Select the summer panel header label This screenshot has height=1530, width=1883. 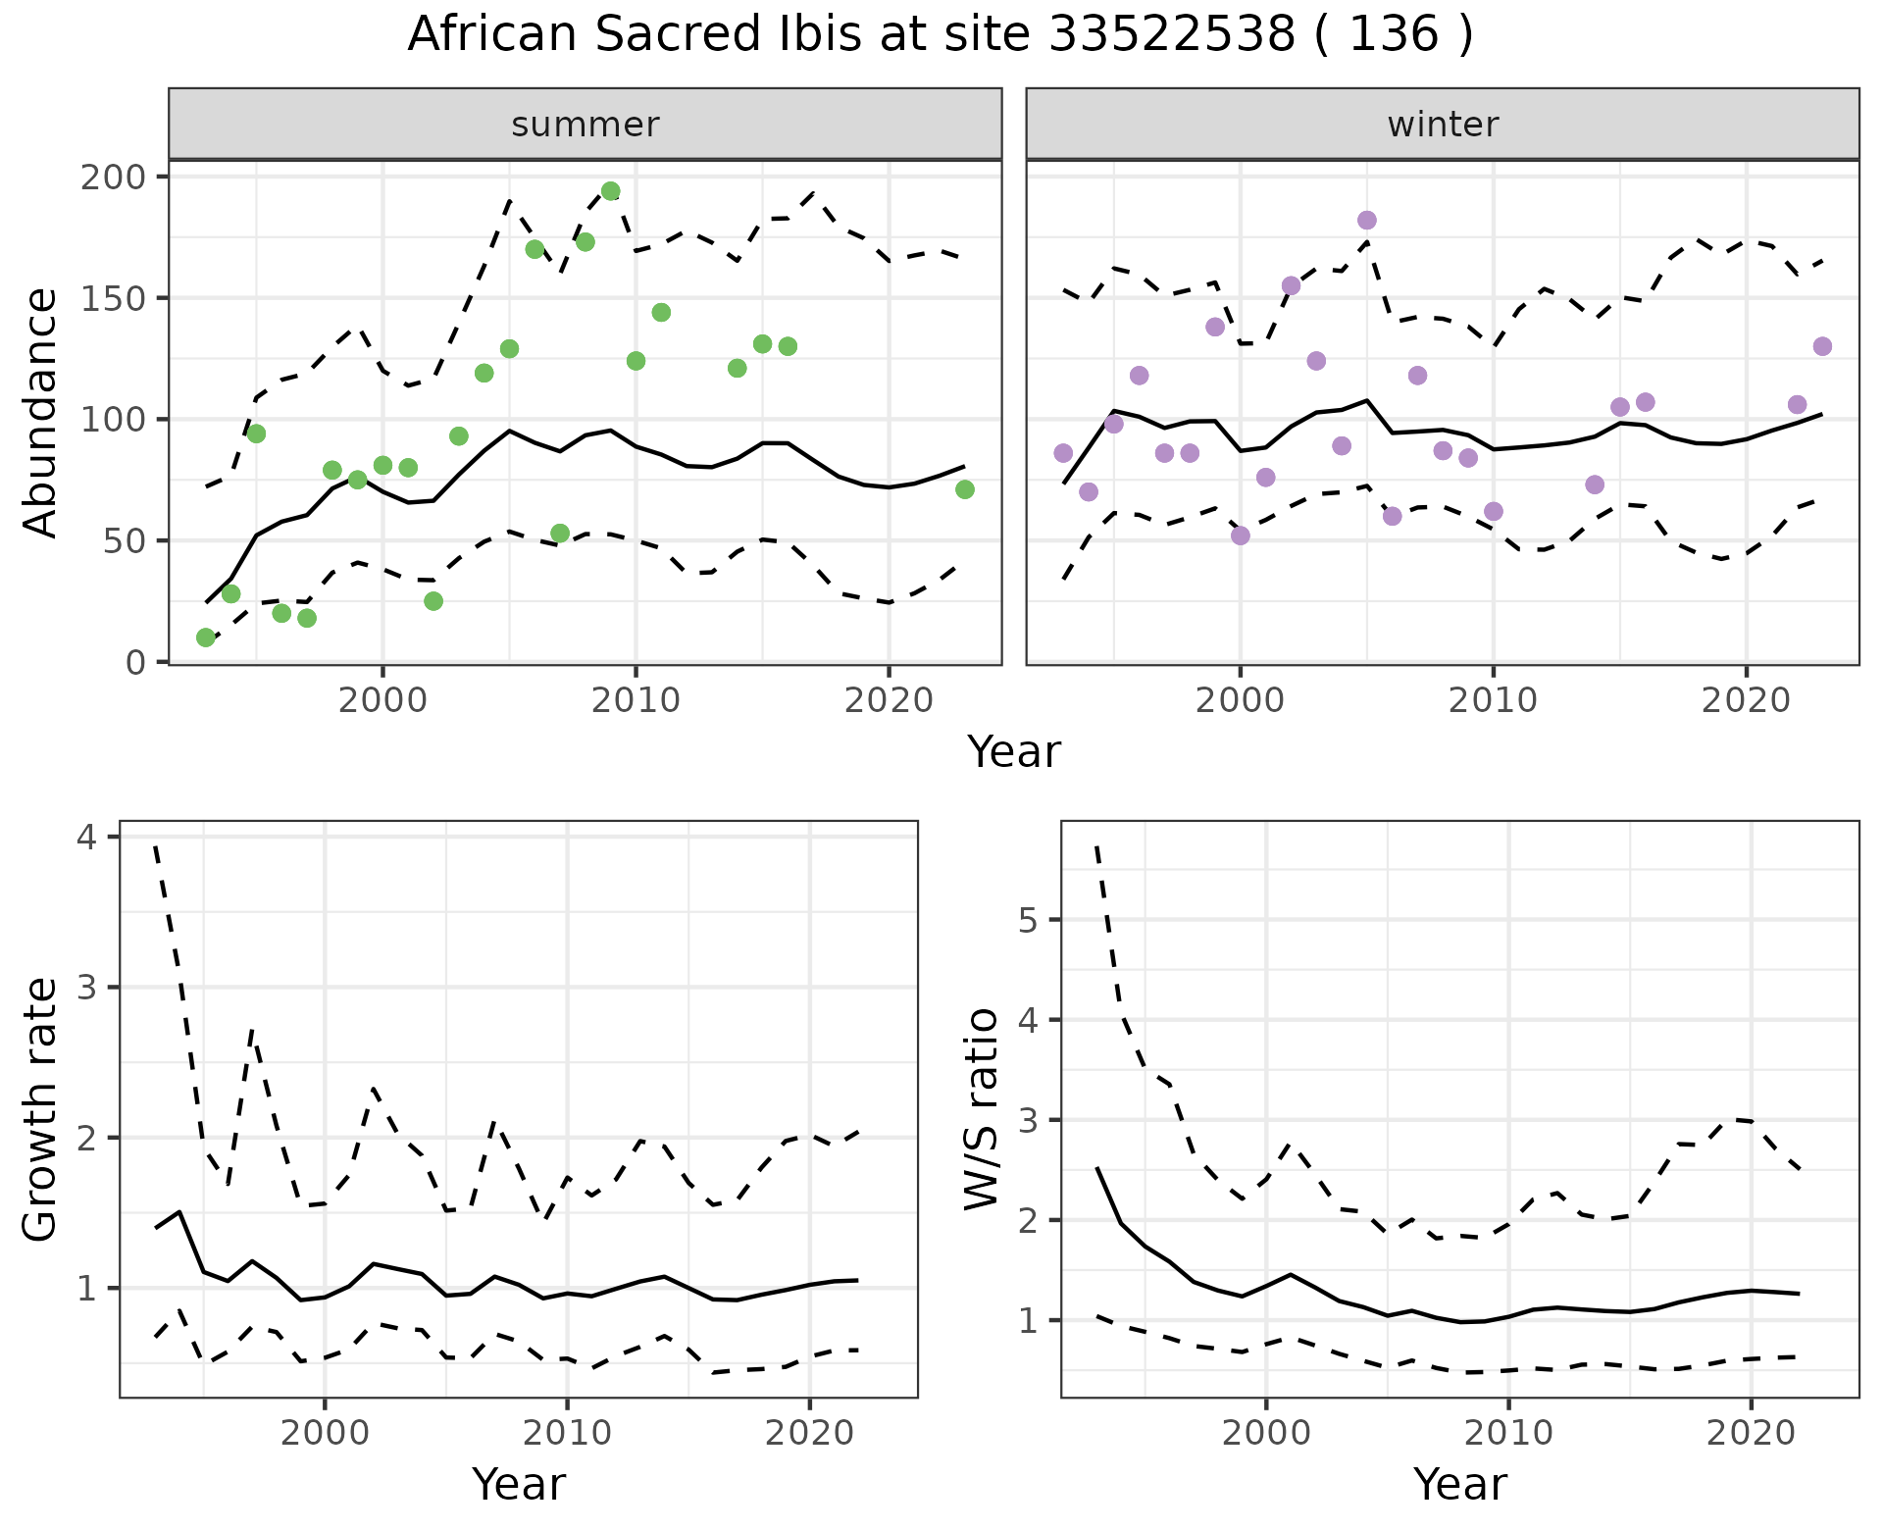(585, 125)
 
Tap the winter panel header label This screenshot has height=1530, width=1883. (1443, 125)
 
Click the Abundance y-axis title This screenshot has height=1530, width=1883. (41, 413)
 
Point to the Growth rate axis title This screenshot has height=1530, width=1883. (41, 1109)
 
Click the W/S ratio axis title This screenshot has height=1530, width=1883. (982, 1109)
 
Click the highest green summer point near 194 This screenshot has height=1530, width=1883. (611, 191)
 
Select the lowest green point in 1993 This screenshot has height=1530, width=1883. (206, 637)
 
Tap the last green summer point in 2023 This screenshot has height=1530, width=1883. (965, 489)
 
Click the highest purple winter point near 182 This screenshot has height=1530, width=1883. (1367, 221)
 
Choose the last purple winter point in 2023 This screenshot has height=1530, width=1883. (1823, 346)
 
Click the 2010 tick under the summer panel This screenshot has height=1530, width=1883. (636, 700)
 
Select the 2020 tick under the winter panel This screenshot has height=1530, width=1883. (1746, 700)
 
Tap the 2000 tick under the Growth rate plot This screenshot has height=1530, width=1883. (325, 1433)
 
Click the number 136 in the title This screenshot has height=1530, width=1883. (1394, 35)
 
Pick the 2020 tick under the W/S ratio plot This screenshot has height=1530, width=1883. (1752, 1433)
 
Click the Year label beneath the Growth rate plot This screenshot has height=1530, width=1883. (519, 1485)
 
